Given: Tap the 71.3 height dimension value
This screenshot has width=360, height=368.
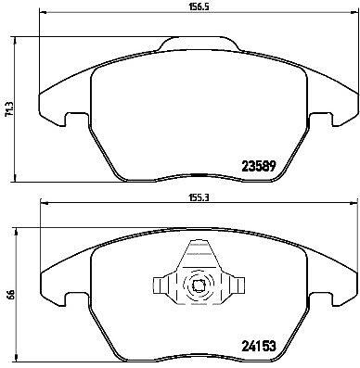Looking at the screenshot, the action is point(8,109).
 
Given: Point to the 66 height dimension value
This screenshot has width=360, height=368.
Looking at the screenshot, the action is point(9,296).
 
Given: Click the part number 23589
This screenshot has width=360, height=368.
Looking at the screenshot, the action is point(258,167).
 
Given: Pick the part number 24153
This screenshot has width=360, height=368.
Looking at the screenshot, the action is point(258,346).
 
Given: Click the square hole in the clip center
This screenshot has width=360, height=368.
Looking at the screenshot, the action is point(198,286).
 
